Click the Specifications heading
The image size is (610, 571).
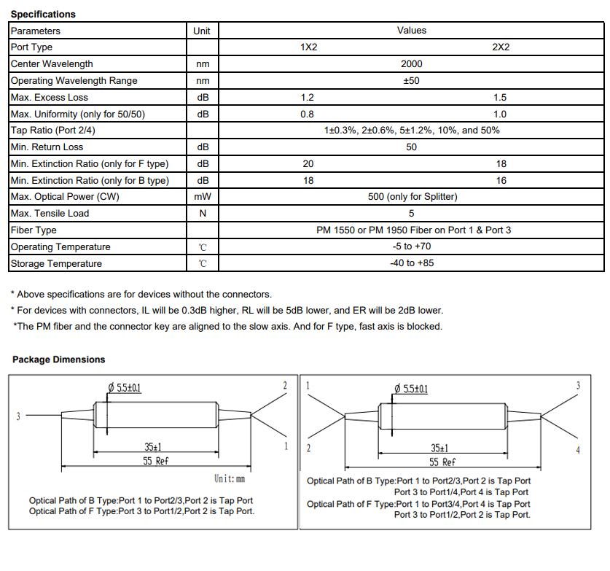pos(43,14)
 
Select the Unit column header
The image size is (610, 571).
pos(202,31)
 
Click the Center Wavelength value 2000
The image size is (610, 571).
pos(411,64)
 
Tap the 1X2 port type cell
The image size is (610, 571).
pos(309,47)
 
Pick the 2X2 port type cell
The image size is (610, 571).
pos(501,47)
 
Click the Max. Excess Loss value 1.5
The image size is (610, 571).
pos(500,98)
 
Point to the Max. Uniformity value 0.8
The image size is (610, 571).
pos(308,114)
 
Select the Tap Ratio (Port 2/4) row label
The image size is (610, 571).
pos(53,131)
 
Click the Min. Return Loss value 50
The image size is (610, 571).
pos(411,147)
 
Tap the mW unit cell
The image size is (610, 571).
pos(202,197)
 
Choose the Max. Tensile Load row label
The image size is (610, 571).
pos(50,214)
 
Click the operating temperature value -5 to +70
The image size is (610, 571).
pos(411,247)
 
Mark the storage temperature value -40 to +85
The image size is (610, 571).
pos(411,263)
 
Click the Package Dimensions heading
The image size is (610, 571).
pos(58,360)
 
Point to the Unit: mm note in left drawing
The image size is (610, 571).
pos(230,479)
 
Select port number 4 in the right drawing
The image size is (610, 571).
pos(578,450)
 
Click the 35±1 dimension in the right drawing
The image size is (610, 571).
pos(439,448)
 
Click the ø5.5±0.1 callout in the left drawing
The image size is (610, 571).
pos(124,388)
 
